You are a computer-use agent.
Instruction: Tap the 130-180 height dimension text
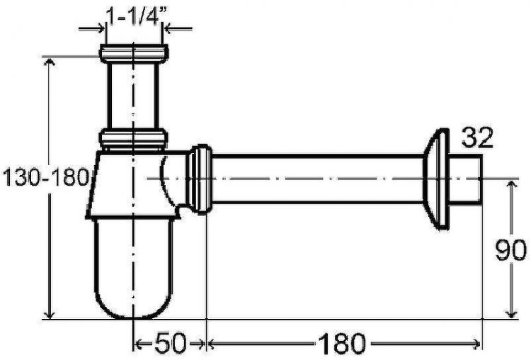tap(46, 177)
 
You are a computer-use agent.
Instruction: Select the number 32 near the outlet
tap(477, 137)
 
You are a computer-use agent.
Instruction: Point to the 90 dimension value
tap(510, 250)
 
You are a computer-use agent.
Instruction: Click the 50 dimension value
tap(171, 343)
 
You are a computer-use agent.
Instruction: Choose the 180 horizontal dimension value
tap(342, 344)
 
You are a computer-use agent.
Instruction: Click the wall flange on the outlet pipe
tap(436, 179)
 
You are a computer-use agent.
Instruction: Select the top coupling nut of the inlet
tap(134, 54)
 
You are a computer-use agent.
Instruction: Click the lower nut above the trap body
tap(133, 138)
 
